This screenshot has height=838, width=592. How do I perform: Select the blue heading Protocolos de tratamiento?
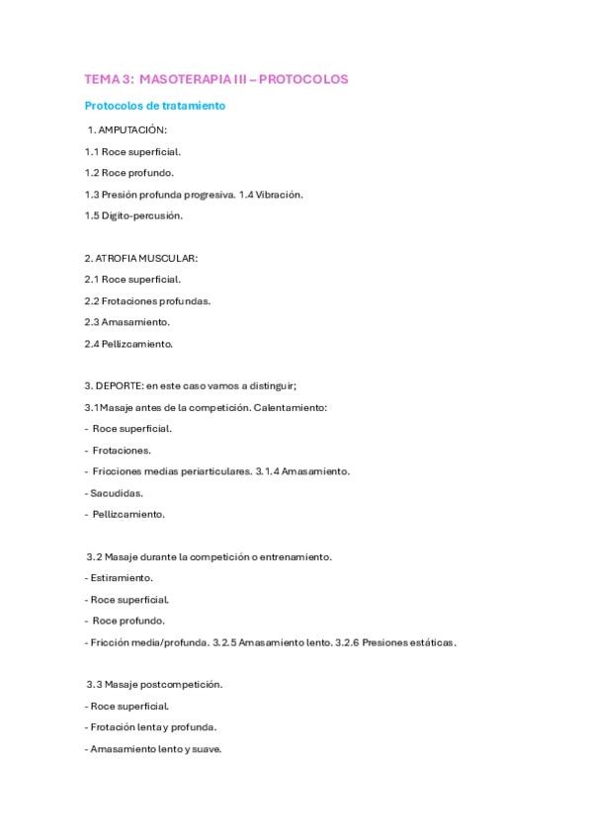point(155,105)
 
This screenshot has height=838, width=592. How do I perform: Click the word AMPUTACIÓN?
point(133,129)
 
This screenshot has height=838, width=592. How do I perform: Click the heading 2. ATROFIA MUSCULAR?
point(141,258)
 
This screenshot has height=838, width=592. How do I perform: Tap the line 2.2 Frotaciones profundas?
point(147,300)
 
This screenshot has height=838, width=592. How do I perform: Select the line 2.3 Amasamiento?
point(127,322)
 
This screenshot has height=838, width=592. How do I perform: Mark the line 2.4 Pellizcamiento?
point(128,343)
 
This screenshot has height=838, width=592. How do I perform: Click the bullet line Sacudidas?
point(116,492)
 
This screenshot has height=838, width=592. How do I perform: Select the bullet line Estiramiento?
point(121,578)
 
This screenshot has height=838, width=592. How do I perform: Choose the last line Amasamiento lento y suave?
point(155,749)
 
